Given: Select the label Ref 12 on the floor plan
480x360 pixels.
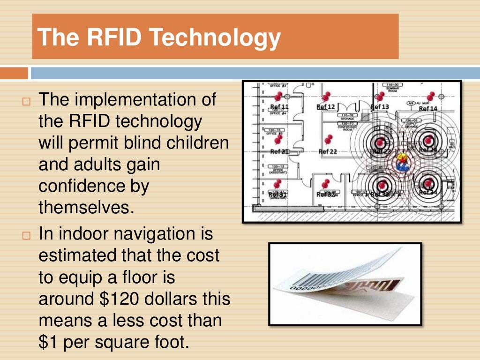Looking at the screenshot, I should pos(325,107).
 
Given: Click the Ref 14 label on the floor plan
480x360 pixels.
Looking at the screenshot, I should pos(427,108).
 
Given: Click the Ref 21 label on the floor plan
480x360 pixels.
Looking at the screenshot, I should pos(279,151).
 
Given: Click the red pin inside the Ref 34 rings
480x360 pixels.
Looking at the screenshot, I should pos(428,183).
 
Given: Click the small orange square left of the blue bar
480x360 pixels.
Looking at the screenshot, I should pos(14,73).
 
